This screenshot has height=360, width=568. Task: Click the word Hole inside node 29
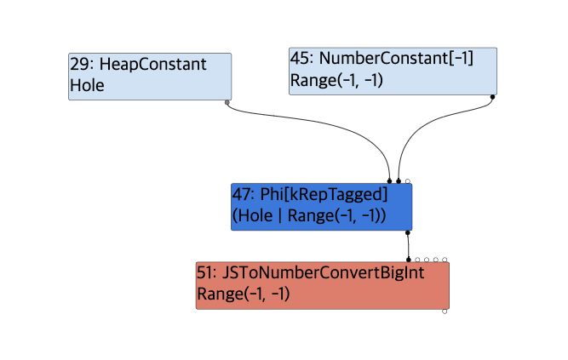point(87,86)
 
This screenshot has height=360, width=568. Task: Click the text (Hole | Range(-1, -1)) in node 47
point(309,215)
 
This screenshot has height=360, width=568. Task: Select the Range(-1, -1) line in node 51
point(244,294)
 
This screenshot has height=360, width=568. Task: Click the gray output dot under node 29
point(227,103)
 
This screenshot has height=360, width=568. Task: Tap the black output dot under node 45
point(492,97)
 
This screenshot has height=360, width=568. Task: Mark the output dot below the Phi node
point(408,231)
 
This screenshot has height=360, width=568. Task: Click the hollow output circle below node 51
point(445,312)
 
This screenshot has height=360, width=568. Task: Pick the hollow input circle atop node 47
point(408,180)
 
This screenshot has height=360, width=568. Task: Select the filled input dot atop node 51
point(408,260)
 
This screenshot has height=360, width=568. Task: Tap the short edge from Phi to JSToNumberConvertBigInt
point(408,245)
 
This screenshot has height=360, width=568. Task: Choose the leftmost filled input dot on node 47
point(390,180)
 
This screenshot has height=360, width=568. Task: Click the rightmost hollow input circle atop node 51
point(445,260)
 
